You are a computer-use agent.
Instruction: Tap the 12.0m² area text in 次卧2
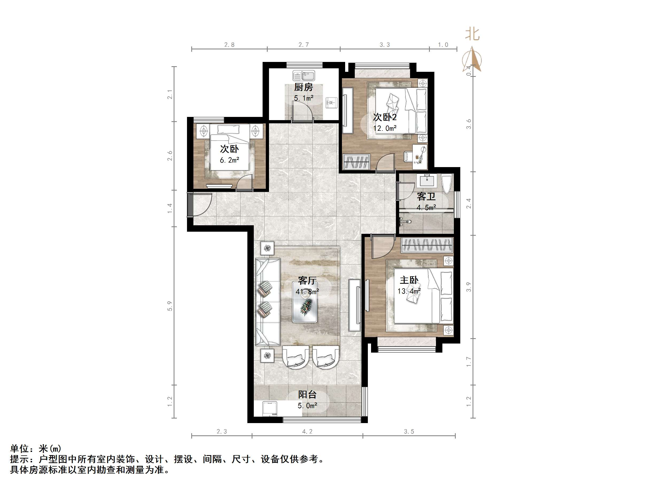(x=385, y=128)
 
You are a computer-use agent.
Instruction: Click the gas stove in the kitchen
(x=331, y=102)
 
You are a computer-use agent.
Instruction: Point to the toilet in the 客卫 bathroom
(x=447, y=184)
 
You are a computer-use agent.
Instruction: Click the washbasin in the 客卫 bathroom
(x=428, y=180)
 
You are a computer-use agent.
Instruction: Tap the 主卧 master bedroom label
(x=409, y=280)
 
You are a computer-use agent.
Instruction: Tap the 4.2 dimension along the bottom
(x=307, y=432)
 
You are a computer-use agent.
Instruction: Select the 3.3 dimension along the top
(x=385, y=45)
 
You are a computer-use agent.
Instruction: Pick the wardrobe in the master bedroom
(x=427, y=245)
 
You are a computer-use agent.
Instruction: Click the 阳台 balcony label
(x=307, y=395)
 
